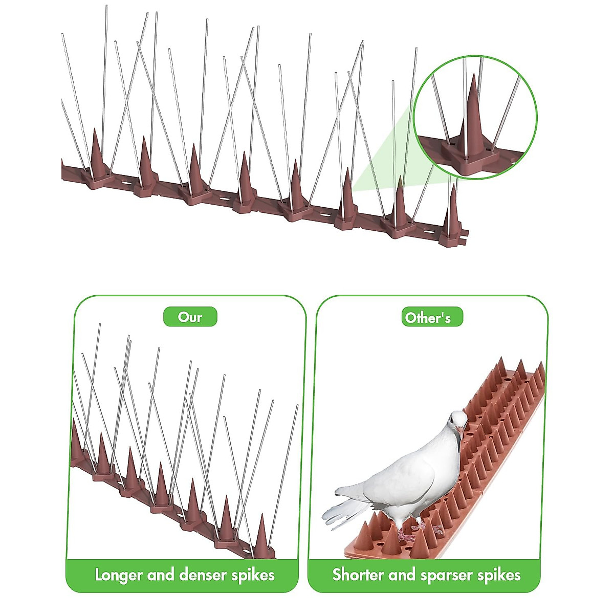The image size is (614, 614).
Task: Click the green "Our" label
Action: pyautogui.click(x=190, y=317)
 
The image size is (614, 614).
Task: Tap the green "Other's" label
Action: pyautogui.click(x=428, y=318)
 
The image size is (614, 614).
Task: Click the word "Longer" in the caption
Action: pyautogui.click(x=119, y=575)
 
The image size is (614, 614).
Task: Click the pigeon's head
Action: pyautogui.click(x=457, y=422)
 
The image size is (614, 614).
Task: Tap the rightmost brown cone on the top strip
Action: pyautogui.click(x=452, y=212)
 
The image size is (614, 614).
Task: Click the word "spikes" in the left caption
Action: pyautogui.click(x=253, y=575)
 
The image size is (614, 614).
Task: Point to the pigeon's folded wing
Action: pyautogui.click(x=404, y=481)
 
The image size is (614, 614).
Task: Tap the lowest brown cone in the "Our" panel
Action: pyautogui.click(x=262, y=537)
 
